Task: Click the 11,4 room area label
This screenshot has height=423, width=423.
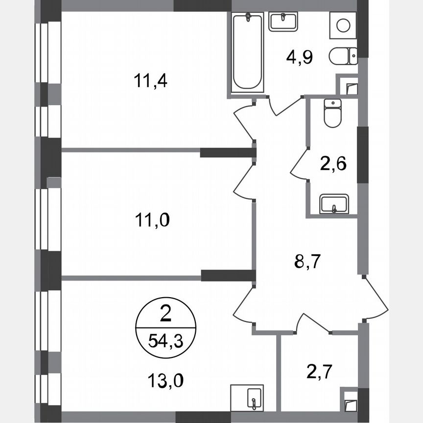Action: [x=150, y=80]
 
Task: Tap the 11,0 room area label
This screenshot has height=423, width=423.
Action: [x=152, y=221]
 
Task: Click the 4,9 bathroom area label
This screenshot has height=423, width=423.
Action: [x=299, y=57]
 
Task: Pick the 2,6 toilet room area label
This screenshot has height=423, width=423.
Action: [x=333, y=163]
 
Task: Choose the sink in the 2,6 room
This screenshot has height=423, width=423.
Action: [x=333, y=204]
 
